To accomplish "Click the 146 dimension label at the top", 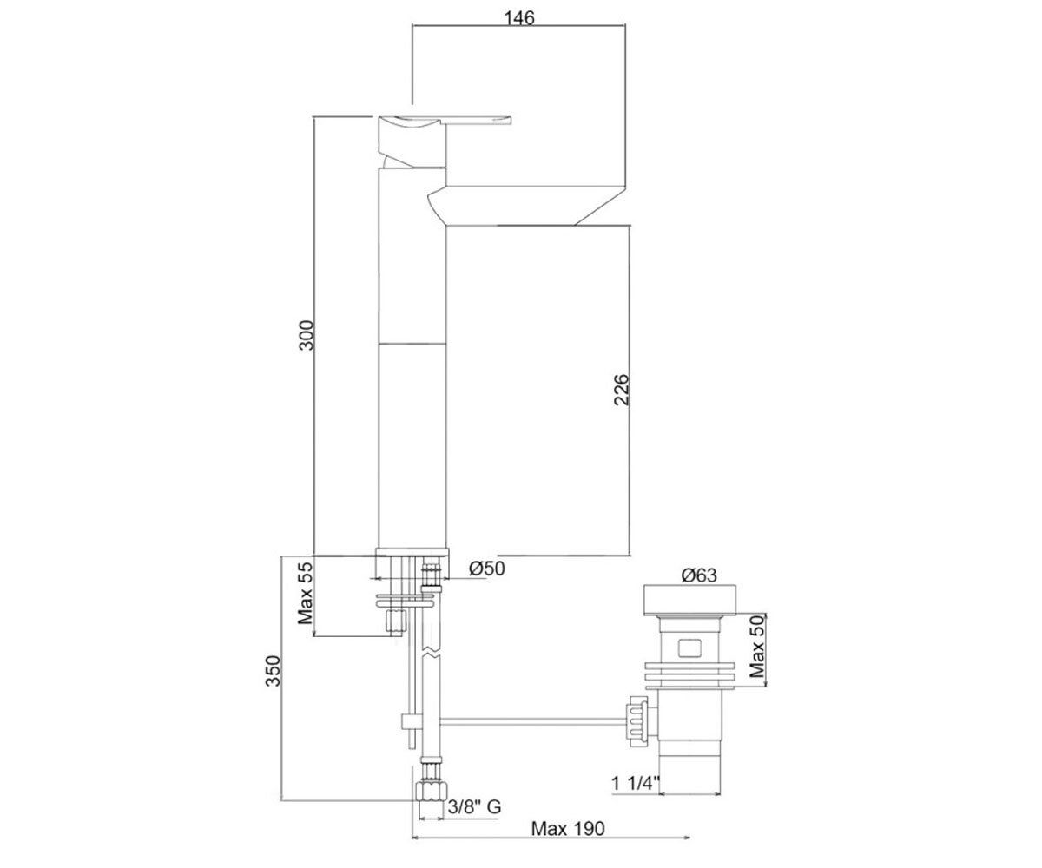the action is click(519, 18).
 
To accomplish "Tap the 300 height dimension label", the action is click(307, 335).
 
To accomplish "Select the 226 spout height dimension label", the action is click(622, 390).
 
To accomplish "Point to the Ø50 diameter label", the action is click(486, 569).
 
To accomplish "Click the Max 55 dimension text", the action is click(306, 593).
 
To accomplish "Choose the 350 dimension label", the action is click(273, 671).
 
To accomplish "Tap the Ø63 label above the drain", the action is click(699, 575).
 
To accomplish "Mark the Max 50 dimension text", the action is click(757, 647).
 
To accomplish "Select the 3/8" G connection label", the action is click(474, 807).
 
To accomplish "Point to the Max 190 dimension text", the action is click(567, 829).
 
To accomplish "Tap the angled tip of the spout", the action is click(603, 206).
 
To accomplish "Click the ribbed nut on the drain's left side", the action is click(638, 721).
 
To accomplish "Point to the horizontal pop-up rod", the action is click(532, 721).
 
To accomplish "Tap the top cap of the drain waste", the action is click(690, 600).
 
